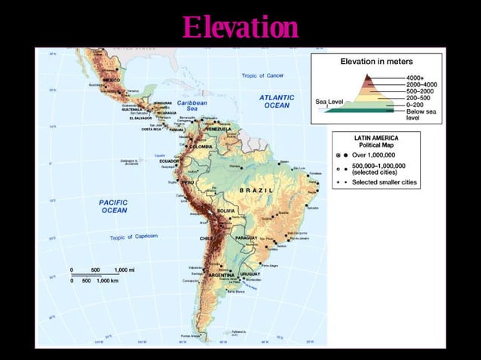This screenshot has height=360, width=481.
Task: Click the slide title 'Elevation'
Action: pyautogui.click(x=240, y=28)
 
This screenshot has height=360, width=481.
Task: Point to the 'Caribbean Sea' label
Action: pyautogui.click(x=192, y=105)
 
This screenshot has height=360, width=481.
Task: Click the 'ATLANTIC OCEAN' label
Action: pyautogui.click(x=276, y=102)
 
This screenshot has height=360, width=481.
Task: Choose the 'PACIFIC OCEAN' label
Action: pyautogui.click(x=114, y=206)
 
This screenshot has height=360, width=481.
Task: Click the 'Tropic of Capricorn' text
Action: pyautogui.click(x=133, y=237)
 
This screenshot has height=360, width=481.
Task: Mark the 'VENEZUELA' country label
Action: pyautogui.click(x=219, y=129)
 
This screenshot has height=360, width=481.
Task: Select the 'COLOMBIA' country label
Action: pyautogui.click(x=201, y=146)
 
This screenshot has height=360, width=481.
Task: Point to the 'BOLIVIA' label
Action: pyautogui.click(x=226, y=211)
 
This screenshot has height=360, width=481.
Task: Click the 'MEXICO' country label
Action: pyautogui.click(x=112, y=79)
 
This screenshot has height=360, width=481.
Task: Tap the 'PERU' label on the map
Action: pyautogui.click(x=188, y=182)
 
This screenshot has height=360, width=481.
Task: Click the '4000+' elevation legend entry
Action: pyautogui.click(x=415, y=78)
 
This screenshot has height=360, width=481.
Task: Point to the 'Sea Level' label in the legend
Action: pyautogui.click(x=329, y=99)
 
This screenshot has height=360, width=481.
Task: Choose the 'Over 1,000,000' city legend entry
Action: pyautogui.click(x=381, y=153)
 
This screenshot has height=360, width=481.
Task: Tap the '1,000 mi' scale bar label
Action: pyautogui.click(x=126, y=270)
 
